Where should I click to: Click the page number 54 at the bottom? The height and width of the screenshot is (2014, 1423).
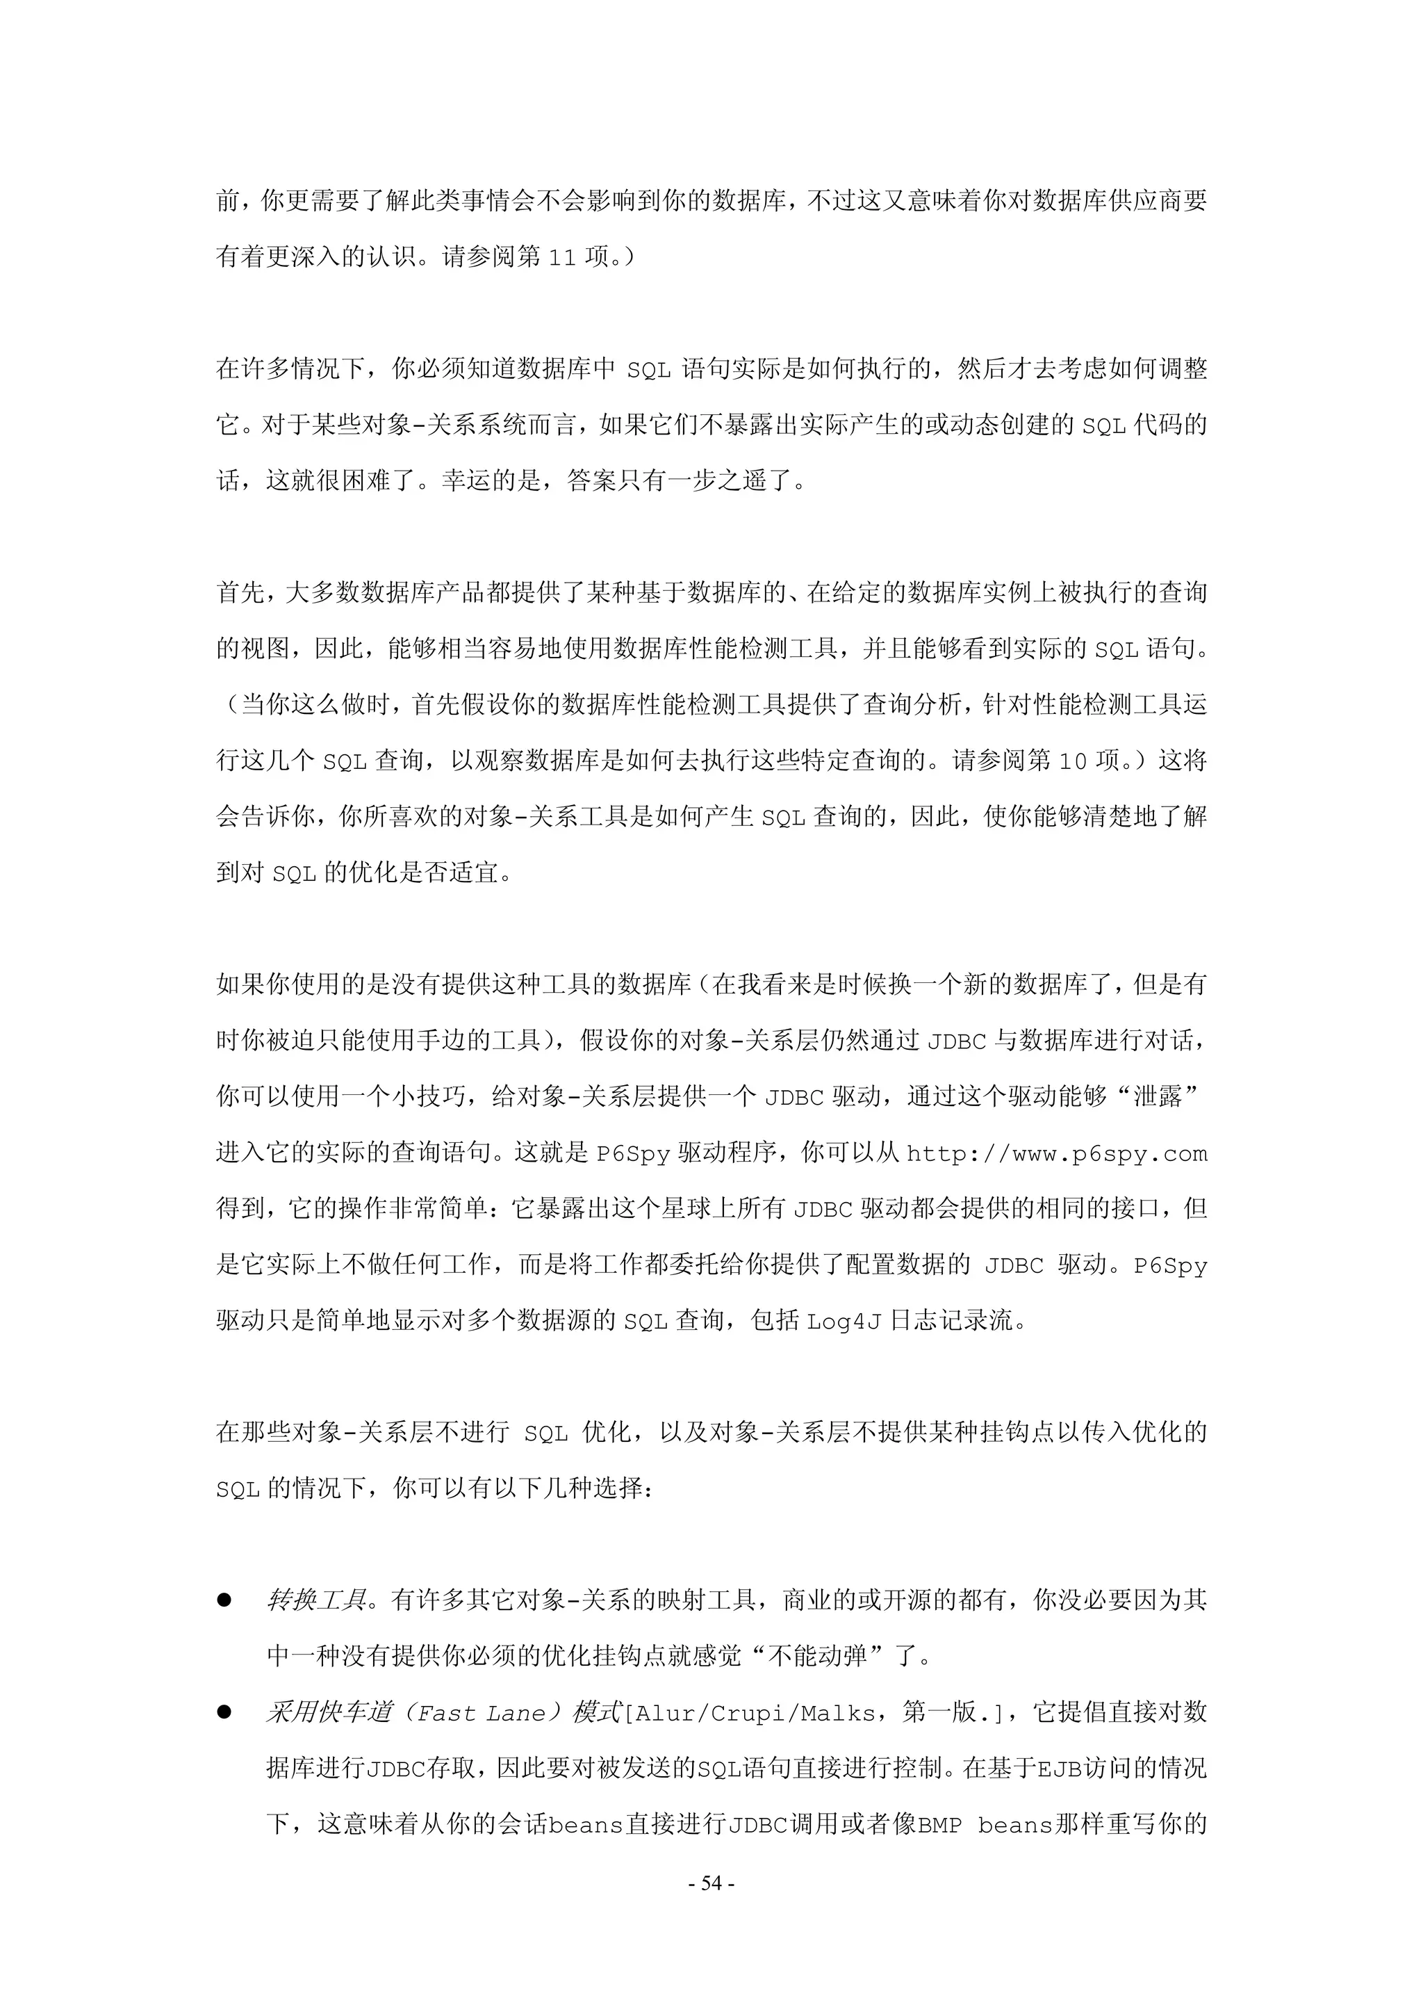pos(711,1883)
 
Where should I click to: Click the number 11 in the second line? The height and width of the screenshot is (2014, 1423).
pos(562,258)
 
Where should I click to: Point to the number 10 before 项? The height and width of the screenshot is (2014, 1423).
pos(1072,761)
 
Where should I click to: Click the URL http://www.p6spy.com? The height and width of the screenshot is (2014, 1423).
pos(1057,1153)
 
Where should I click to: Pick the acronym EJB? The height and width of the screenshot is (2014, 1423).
pos(1059,1769)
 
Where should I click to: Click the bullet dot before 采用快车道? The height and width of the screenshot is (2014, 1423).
pos(224,1712)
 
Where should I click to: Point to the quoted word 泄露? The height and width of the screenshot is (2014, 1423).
pos(1158,1096)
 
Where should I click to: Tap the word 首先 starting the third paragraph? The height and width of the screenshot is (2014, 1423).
pos(240,593)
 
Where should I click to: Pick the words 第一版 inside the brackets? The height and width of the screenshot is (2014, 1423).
pos(939,1712)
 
